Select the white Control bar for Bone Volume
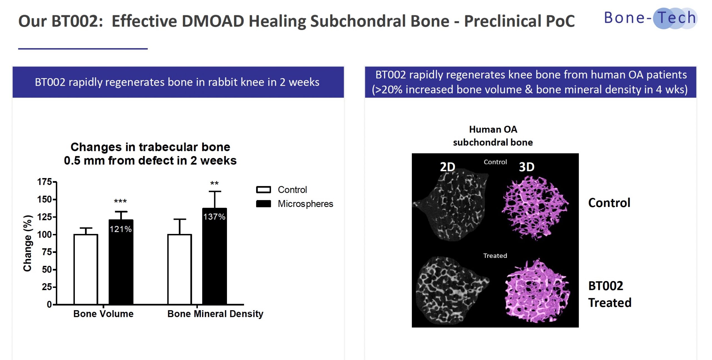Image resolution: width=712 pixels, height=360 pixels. pyautogui.click(x=86, y=269)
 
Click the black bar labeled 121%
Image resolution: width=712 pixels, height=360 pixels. pyautogui.click(x=121, y=262)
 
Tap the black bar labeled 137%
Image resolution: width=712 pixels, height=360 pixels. pyautogui.click(x=214, y=256)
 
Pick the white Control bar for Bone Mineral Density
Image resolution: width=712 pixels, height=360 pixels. pyautogui.click(x=180, y=269)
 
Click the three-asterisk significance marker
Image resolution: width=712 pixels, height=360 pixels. pyautogui.click(x=120, y=201)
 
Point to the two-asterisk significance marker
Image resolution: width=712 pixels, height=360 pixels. pyautogui.click(x=214, y=183)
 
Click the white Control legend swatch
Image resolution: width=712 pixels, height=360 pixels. pyautogui.click(x=263, y=190)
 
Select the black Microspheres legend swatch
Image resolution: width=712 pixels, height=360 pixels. pyautogui.click(x=263, y=204)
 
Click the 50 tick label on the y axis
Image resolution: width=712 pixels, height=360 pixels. pyautogui.click(x=47, y=270)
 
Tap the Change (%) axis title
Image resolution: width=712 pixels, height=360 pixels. pyautogui.click(x=28, y=243)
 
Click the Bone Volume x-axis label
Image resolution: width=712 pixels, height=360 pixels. pyautogui.click(x=103, y=314)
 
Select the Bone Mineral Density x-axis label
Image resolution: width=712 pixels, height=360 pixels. pyautogui.click(x=215, y=314)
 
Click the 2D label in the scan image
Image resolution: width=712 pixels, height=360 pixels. pyautogui.click(x=448, y=167)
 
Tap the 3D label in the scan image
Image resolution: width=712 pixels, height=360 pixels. pyautogui.click(x=527, y=167)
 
